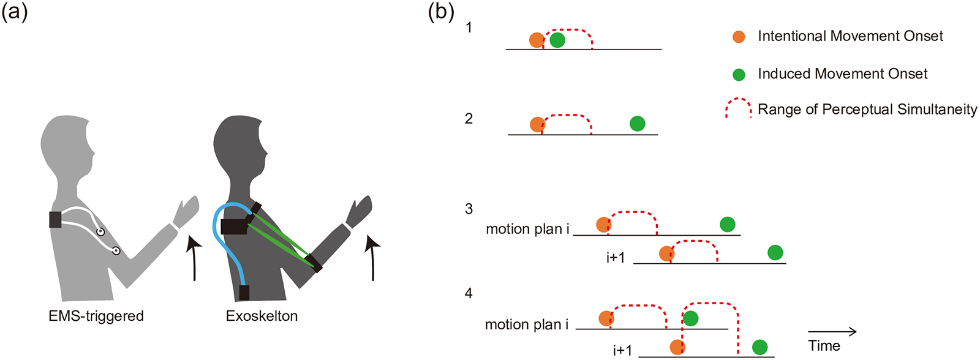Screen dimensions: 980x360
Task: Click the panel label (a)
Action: (x=15, y=12)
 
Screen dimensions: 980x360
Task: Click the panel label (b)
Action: (x=441, y=12)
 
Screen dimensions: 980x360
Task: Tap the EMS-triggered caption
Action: (x=96, y=316)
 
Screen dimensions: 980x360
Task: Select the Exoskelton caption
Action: (x=262, y=316)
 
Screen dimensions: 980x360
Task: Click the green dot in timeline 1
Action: (x=557, y=40)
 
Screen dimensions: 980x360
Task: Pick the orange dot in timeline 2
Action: (x=537, y=124)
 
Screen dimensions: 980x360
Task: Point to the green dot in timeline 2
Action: (x=638, y=124)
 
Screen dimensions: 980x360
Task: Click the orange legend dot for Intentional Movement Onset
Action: (x=739, y=37)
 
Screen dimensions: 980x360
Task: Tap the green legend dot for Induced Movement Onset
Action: (x=739, y=75)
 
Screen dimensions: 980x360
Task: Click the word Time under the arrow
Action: (x=824, y=345)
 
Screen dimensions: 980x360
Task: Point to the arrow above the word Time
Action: (x=832, y=332)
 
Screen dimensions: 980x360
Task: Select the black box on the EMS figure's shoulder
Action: (x=55, y=220)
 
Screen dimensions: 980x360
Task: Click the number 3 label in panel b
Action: (x=469, y=209)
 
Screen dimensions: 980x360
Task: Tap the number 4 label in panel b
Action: (x=469, y=293)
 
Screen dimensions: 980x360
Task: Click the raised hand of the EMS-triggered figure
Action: (x=186, y=212)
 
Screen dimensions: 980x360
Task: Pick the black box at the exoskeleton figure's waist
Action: (x=244, y=293)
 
